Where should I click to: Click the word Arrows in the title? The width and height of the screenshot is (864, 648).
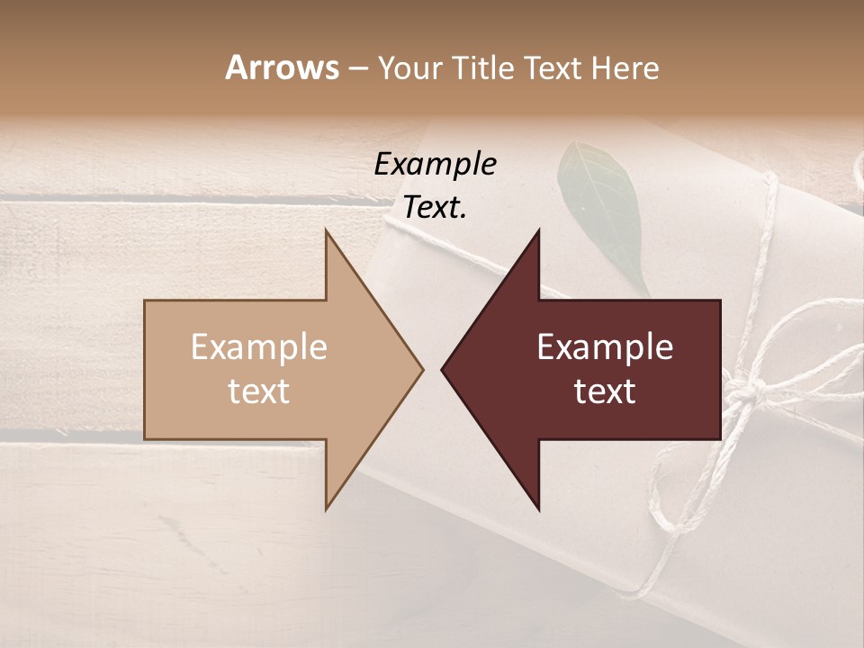coord(282,67)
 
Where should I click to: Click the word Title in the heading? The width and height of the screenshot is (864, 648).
coord(481,67)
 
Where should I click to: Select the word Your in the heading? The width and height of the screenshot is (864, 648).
coord(409,67)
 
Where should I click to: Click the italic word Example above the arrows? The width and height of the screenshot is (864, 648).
coord(435,165)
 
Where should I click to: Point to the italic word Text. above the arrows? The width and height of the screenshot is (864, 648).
coord(435,208)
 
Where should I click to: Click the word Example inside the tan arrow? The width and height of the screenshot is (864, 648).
coord(259,347)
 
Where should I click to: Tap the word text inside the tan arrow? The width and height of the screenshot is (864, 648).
coord(259,391)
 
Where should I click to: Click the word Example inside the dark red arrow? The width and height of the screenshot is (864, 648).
coord(605,347)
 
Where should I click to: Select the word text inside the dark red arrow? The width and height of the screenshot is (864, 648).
coord(605,391)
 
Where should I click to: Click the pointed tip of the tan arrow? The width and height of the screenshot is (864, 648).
coord(422,369)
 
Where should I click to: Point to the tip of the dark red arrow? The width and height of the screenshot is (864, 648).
coord(442,369)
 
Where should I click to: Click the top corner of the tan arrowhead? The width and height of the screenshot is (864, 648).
coord(327,230)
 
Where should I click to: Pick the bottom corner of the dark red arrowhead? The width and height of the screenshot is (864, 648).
coord(538,509)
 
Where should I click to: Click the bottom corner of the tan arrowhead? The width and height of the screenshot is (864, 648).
coord(327,509)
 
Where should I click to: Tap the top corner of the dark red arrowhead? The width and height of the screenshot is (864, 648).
coord(538,230)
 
